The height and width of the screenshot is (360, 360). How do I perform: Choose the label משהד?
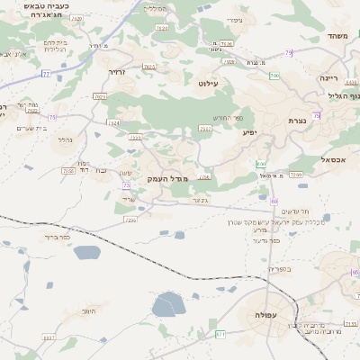[338, 37]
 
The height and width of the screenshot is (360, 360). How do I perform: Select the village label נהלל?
[65, 139]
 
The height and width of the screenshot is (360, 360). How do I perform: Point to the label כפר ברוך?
[56, 237]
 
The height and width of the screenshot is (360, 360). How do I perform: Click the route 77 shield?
[45, 75]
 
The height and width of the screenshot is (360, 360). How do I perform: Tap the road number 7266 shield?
[130, 219]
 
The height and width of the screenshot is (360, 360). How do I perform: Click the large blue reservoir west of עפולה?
[168, 305]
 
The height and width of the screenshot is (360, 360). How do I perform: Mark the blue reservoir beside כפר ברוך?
[86, 253]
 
